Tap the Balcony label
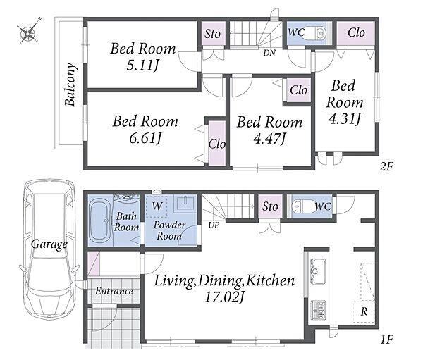coord(70,85)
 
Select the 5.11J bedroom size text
coord(142,66)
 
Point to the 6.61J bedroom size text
coord(145,139)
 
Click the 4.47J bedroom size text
coord(269,139)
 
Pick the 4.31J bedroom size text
coord(345,119)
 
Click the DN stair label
coord(269,53)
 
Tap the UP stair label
coord(214,225)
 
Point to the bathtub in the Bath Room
coord(99,221)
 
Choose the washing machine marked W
coord(157,206)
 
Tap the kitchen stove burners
coord(319,310)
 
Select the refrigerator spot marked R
coord(364,311)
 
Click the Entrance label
coord(114,291)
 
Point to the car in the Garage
coord(49,249)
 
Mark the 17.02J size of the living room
coord(224,297)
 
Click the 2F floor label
coord(386,166)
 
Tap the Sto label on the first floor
coord(270,206)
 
